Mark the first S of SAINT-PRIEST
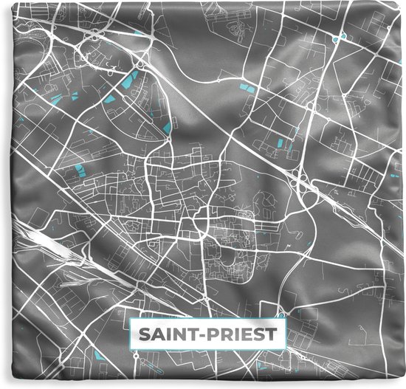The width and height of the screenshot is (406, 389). coord(142,334)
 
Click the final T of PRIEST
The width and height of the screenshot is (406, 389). coord(272,334)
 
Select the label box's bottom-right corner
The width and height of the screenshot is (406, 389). coord(283,346)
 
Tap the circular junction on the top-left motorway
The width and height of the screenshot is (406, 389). coord(94,34)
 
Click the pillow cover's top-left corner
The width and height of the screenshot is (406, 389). coord(2,3)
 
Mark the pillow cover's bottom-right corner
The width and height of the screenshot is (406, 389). coord(403,386)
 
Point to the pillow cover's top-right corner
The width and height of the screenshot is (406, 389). coord(403,3)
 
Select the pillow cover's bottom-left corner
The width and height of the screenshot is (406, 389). coord(2,386)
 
